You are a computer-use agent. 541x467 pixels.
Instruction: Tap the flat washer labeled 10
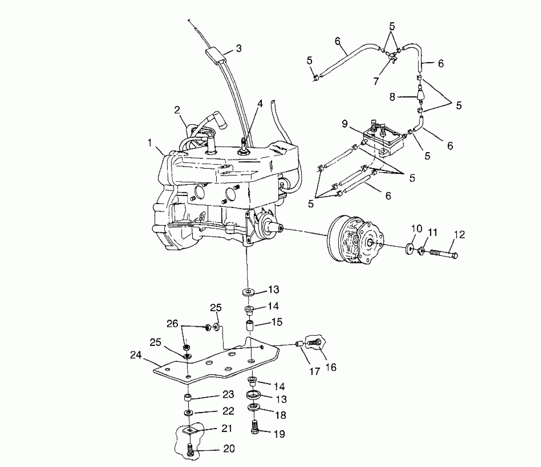(410, 248)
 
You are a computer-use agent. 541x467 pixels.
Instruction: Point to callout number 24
(136, 355)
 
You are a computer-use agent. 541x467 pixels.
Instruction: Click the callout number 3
(238, 48)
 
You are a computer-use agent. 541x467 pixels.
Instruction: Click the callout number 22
(228, 411)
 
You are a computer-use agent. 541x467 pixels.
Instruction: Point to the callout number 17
(315, 371)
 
